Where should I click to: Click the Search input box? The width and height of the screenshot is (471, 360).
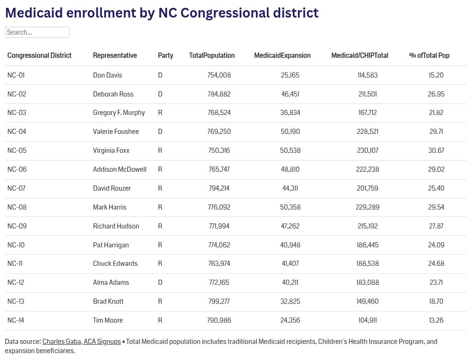37,32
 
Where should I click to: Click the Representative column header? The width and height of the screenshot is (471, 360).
115,55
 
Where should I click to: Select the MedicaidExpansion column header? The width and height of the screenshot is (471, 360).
282,55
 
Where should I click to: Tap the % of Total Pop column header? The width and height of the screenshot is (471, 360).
429,55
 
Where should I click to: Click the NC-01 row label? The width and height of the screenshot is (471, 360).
16,75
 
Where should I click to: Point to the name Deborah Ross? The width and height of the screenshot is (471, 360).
113,94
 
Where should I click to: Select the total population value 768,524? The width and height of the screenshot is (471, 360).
219,113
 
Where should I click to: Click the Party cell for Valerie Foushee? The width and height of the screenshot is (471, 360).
160,132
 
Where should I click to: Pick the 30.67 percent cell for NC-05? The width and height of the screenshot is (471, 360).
436,150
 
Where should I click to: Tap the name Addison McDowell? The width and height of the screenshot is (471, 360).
120,169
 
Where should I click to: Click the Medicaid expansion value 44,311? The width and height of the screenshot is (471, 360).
290,188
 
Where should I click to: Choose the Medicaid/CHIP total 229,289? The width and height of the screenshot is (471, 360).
368,207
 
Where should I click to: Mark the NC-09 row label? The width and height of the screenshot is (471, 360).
17,226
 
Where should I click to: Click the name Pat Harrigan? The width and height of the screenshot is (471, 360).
111,245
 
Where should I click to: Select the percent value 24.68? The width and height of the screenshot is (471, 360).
436,264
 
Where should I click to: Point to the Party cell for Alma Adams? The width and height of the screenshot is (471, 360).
160,282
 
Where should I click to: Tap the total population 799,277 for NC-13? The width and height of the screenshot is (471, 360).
219,301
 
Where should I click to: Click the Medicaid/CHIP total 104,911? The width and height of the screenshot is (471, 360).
368,320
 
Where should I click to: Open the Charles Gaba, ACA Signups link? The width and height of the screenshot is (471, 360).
81,342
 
